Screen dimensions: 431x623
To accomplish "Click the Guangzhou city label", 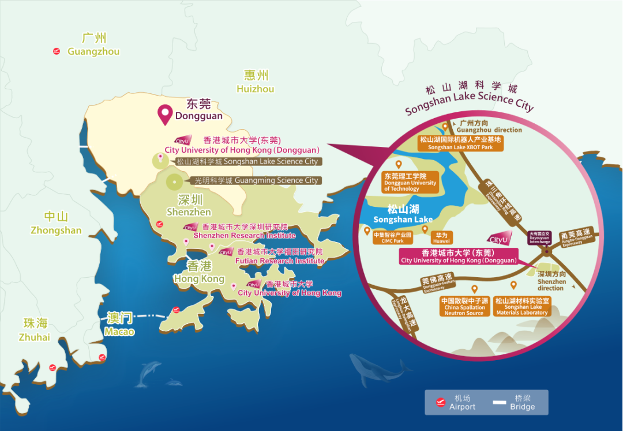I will (x=93, y=46).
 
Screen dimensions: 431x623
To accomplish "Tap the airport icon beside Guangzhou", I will (x=57, y=51).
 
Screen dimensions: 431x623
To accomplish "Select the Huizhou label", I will (x=256, y=82).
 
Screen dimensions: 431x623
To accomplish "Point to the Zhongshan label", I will (x=56, y=224).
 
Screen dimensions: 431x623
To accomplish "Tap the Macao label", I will (x=120, y=324).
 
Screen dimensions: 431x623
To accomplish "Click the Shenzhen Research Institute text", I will (x=245, y=235).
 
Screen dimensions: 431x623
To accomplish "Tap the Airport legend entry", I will (x=456, y=402).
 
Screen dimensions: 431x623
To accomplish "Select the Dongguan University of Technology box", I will (x=410, y=182).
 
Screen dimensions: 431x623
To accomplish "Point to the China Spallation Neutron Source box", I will (x=464, y=307).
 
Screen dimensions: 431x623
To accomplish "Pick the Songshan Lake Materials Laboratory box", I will (x=522, y=307).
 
